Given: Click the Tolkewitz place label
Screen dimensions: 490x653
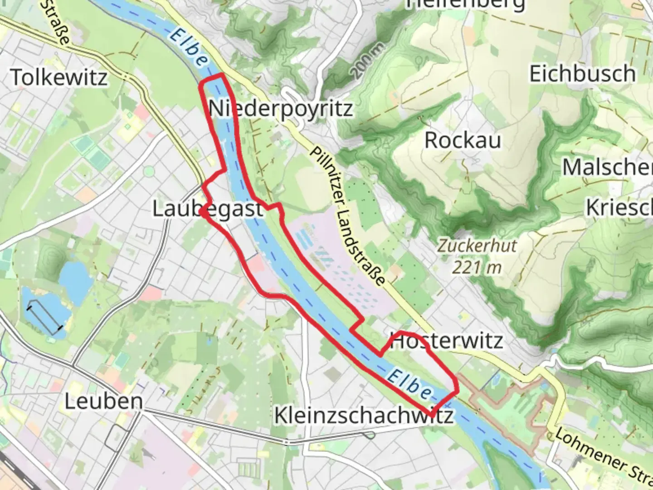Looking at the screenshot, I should (59, 77).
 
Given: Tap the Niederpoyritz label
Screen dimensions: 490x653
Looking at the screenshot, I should (281, 109).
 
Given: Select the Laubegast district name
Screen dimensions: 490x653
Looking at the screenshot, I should (207, 209).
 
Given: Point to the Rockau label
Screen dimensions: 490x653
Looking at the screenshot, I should (463, 140).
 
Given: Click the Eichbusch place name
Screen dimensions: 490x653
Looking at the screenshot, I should (583, 73).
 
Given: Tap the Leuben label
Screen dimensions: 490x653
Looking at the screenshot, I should (103, 402).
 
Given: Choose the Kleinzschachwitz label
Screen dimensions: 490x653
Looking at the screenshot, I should (364, 416).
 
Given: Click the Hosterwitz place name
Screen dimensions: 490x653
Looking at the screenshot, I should (447, 341).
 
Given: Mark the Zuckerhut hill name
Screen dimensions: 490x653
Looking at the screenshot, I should (477, 246).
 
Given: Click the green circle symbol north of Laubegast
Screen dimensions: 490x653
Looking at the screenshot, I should (149, 172).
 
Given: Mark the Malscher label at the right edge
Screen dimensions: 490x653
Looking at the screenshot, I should (608, 167).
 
